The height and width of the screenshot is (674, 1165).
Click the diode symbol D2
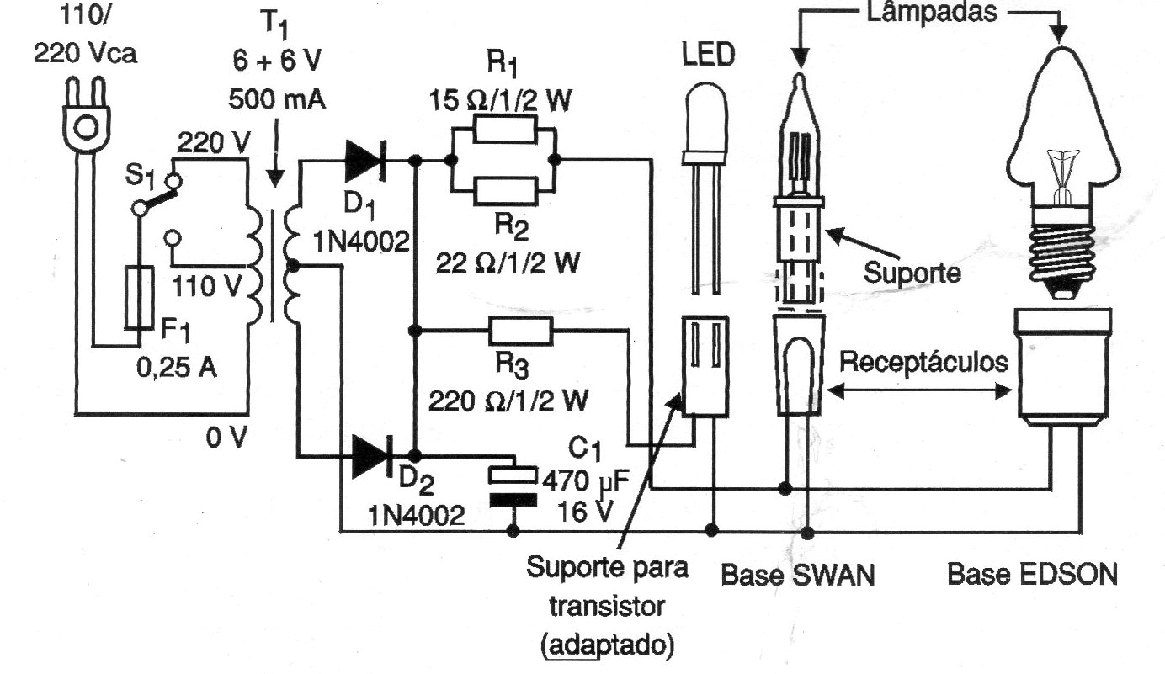point(372,457)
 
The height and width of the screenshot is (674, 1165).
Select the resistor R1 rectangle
point(504,129)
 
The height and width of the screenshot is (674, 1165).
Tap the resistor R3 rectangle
point(520,331)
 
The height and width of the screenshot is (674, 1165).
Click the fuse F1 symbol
point(139,298)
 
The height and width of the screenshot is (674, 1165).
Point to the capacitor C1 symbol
point(513,486)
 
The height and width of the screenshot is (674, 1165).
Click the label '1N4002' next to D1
point(361,242)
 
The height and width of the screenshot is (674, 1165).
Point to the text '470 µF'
point(586,481)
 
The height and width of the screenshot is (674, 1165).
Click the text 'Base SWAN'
point(798,576)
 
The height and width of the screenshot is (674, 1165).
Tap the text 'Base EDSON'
point(1032,575)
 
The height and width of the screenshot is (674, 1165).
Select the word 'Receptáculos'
point(924,361)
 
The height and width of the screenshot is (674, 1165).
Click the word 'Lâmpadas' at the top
point(932,12)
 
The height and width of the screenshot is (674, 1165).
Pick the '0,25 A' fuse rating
point(177,368)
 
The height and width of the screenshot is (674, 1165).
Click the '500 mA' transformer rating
point(277,98)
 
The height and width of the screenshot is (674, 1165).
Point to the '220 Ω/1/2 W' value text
point(508,401)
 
